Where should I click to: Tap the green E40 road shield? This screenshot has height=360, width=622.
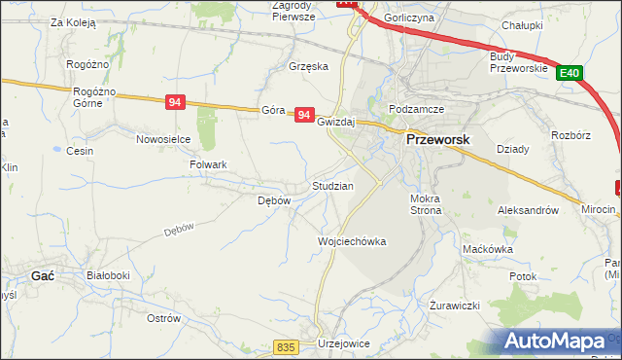570,72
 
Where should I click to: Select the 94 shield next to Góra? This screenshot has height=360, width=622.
305,115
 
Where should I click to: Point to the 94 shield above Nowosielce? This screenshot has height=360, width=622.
175,102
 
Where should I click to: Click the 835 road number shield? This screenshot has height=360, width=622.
285,347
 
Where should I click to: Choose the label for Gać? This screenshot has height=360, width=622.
42,276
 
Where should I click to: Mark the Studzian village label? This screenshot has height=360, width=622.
331,185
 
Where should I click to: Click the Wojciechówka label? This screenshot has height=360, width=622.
353,241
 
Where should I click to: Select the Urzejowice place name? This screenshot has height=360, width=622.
346,344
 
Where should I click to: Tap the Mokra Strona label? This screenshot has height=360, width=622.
426,203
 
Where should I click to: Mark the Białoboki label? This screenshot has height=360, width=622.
108,276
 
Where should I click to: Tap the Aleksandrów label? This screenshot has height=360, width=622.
528,209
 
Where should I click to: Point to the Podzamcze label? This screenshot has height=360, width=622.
416,109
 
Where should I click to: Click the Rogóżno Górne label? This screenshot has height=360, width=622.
94,97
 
